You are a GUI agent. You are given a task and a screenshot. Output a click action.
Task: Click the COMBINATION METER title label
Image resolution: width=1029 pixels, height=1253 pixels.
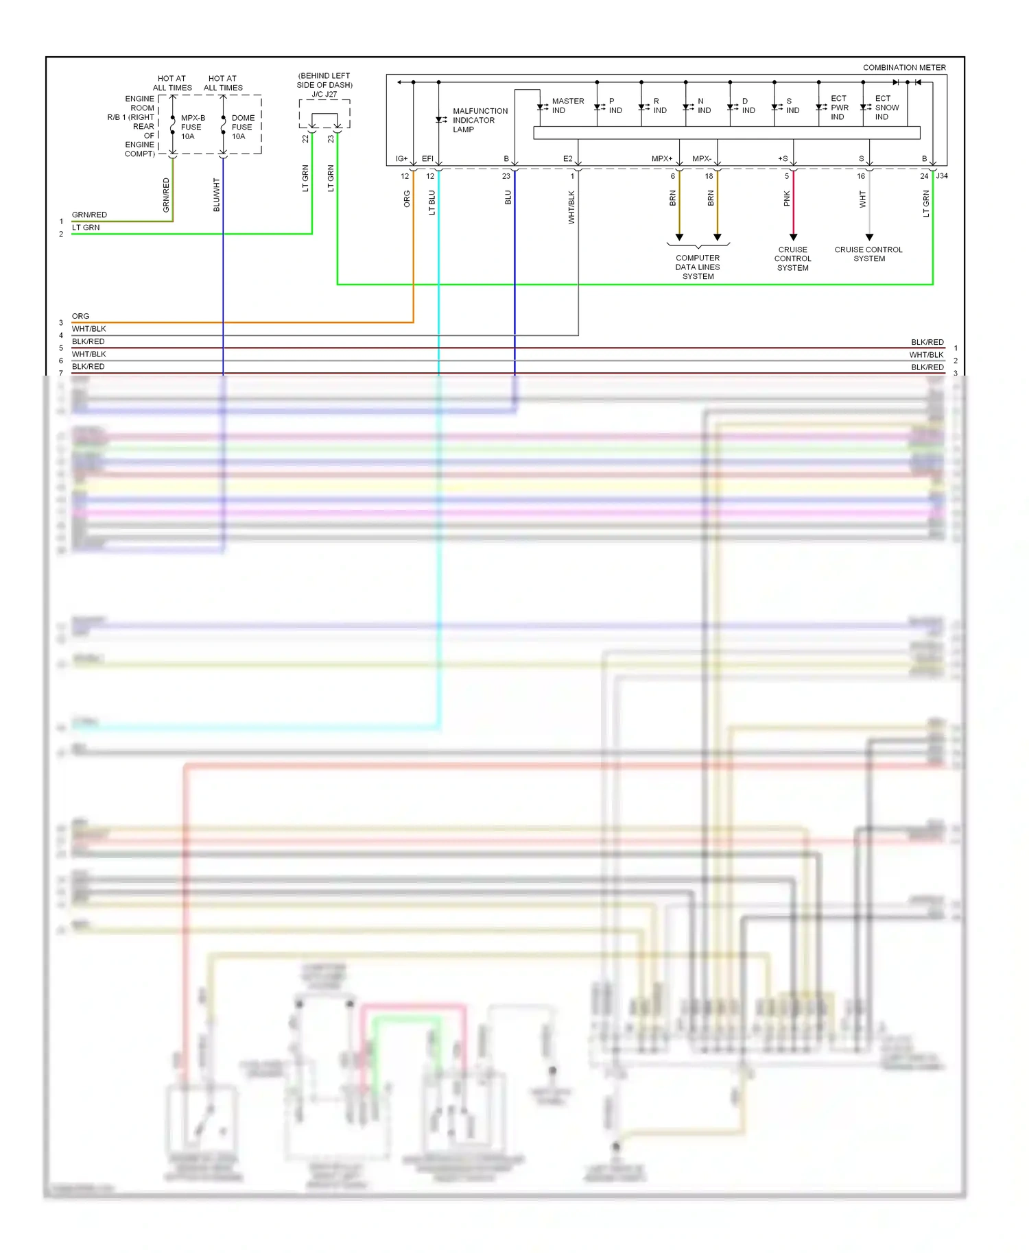pyautogui.click(x=903, y=67)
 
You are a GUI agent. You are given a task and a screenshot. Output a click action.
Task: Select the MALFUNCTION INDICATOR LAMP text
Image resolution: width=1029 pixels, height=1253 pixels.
pyautogui.click(x=480, y=120)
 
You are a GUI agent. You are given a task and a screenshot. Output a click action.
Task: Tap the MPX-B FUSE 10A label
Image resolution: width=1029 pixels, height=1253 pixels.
pyautogui.click(x=192, y=127)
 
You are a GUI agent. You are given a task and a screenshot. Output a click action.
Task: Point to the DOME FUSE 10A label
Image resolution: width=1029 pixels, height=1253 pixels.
pyautogui.click(x=242, y=127)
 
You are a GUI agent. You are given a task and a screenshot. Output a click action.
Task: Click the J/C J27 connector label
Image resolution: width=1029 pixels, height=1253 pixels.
pyautogui.click(x=324, y=95)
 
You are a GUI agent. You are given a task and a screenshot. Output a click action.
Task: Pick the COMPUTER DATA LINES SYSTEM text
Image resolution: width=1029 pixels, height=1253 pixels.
pyautogui.click(x=698, y=267)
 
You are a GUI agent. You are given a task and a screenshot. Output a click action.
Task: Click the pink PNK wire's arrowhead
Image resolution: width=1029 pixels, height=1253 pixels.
pyautogui.click(x=793, y=237)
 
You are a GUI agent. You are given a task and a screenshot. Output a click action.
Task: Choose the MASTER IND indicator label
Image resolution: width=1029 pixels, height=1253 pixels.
pyautogui.click(x=567, y=106)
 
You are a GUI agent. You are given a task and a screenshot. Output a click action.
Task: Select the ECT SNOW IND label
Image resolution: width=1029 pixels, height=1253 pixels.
pyautogui.click(x=886, y=108)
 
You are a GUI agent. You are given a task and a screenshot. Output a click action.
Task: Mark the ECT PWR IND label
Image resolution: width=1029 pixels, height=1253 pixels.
pyautogui.click(x=839, y=108)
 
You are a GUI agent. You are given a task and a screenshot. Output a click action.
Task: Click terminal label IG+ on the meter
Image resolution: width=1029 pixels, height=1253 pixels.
pyautogui.click(x=401, y=159)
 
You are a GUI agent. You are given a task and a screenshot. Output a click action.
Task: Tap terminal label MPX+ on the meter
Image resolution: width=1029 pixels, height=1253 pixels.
pyautogui.click(x=661, y=159)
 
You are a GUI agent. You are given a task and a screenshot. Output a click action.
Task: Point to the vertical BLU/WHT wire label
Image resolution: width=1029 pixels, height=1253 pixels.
pyautogui.click(x=217, y=195)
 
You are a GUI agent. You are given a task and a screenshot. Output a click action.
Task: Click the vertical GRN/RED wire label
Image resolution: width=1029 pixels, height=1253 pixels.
pyautogui.click(x=166, y=195)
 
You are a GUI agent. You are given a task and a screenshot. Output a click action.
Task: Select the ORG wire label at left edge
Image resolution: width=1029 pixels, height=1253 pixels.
pyautogui.click(x=80, y=316)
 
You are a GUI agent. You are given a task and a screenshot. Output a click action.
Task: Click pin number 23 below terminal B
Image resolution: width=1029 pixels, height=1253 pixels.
pyautogui.click(x=506, y=176)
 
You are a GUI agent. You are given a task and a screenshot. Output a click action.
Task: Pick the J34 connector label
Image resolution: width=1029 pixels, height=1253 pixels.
pyautogui.click(x=942, y=176)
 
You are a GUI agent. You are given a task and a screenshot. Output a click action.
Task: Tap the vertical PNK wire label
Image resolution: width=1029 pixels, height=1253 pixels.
pyautogui.click(x=787, y=199)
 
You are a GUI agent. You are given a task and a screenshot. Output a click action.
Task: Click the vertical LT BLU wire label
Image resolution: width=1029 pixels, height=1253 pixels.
pyautogui.click(x=431, y=203)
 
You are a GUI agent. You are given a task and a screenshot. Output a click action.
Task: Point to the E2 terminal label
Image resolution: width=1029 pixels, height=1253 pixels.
pyautogui.click(x=567, y=159)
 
